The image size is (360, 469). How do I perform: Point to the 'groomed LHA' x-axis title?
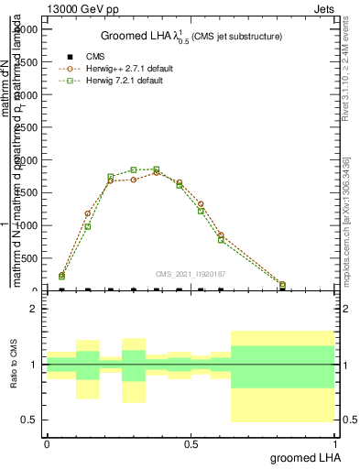point(303,457)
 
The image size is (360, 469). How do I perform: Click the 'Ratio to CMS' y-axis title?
point(15,365)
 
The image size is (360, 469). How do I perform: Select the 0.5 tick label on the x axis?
point(191,444)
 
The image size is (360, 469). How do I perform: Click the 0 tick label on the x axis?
point(47,444)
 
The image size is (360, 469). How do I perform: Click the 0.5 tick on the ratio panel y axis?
point(28,420)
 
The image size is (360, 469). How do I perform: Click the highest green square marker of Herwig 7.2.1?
point(157,169)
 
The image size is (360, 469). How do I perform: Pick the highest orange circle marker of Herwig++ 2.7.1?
point(157,172)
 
